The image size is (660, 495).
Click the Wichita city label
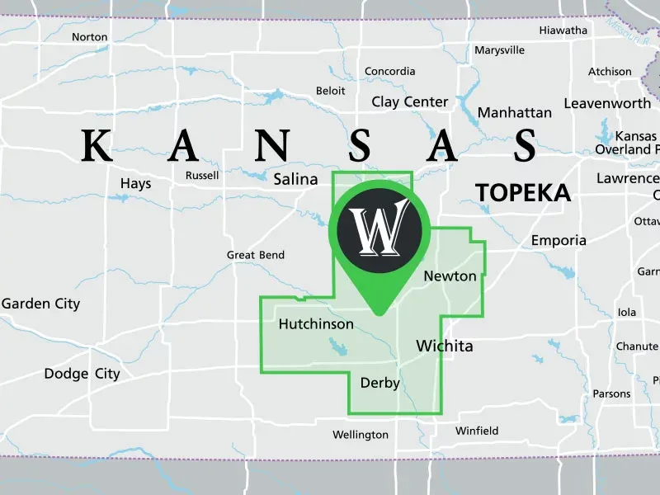click(x=445, y=346)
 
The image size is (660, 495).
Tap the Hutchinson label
click(x=316, y=324)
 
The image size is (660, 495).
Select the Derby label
click(x=380, y=383)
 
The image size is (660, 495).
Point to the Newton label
click(x=450, y=276)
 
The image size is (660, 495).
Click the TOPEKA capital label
click(x=523, y=193)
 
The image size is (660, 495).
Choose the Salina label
click(x=295, y=179)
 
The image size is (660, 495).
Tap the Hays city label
click(x=135, y=184)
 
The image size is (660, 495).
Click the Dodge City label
click(x=82, y=374)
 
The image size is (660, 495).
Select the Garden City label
click(x=41, y=304)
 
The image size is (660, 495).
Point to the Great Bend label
click(x=256, y=256)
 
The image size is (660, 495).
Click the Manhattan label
click(x=515, y=112)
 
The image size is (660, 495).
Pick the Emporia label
click(x=559, y=241)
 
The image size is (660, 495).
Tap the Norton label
click(x=90, y=37)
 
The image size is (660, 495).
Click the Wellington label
click(x=361, y=435)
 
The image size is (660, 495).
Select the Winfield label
click(x=477, y=431)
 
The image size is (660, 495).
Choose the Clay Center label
click(x=410, y=102)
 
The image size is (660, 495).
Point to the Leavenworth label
click(x=607, y=104)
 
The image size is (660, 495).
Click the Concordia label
click(x=390, y=72)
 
